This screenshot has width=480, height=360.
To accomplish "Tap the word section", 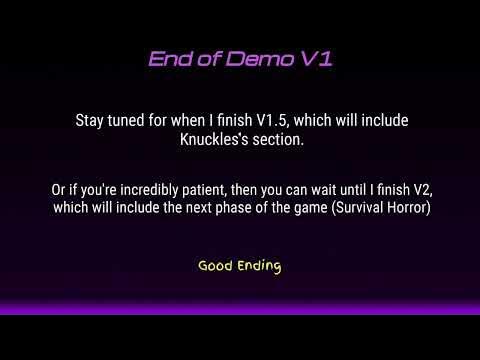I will pos(278,140).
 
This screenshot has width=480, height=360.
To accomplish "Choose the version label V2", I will pos(414,188).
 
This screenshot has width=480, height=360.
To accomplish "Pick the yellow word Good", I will pos(216,266).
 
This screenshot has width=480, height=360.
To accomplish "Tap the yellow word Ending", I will pos(259,267).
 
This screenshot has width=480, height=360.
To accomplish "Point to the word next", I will pos(163,207).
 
